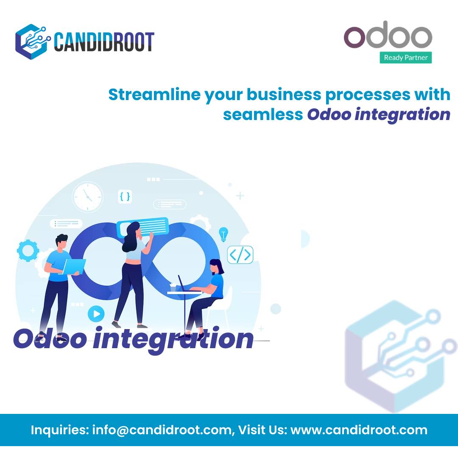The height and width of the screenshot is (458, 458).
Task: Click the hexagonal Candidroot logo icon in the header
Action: tap(33, 41)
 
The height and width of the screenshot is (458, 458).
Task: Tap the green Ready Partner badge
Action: tap(405, 57)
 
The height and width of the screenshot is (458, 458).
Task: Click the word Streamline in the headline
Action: tap(154, 95)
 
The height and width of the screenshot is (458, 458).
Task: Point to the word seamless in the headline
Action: tap(263, 114)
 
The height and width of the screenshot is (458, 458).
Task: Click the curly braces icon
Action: tap(125, 196)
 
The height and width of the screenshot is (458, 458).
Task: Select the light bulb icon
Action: tap(223, 234)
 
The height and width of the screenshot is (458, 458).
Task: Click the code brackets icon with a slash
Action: tap(240, 255)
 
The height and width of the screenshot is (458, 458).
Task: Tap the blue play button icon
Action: tap(96, 314)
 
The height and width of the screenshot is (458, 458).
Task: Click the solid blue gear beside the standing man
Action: tap(28, 250)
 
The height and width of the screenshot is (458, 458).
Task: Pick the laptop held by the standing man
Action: tap(74, 266)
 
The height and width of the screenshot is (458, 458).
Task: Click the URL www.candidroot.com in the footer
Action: tap(359, 430)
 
